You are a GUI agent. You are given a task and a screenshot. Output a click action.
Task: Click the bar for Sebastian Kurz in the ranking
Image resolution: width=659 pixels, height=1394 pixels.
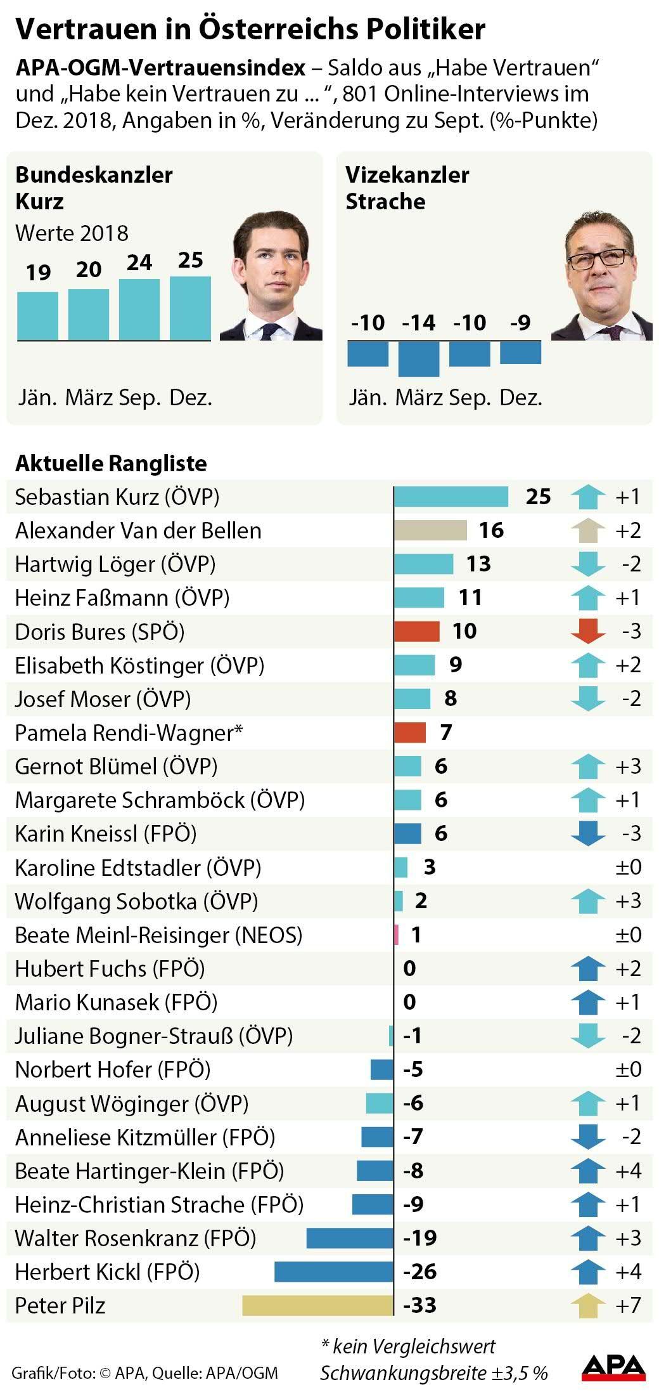(451, 497)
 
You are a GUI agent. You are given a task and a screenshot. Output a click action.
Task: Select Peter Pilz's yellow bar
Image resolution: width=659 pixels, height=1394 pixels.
(317, 1305)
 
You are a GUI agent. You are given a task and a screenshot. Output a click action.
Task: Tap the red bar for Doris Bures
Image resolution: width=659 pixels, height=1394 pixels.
(416, 632)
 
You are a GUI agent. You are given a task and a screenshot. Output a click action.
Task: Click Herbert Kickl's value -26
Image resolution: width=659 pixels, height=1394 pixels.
(420, 1272)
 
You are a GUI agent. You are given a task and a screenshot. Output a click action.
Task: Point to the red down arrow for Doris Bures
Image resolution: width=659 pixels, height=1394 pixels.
(587, 632)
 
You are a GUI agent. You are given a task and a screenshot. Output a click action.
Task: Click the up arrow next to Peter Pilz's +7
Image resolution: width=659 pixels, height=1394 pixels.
(587, 1305)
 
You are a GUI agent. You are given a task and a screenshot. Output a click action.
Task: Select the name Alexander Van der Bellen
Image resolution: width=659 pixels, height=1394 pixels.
(138, 530)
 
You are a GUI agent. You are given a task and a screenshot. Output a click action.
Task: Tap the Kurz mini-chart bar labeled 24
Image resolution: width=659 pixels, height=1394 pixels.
(139, 309)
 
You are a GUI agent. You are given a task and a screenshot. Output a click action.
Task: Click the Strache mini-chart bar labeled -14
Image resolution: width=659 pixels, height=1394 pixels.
(418, 359)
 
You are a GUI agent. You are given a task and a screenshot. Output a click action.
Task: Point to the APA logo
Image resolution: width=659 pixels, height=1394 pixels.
(613, 1367)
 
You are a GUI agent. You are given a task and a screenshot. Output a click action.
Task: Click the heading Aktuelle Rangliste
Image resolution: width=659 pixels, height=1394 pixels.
(111, 464)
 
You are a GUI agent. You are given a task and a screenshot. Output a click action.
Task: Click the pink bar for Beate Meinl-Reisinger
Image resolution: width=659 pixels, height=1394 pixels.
(397, 935)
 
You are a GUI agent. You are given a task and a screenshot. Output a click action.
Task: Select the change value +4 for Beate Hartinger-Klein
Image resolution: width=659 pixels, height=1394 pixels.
(628, 1171)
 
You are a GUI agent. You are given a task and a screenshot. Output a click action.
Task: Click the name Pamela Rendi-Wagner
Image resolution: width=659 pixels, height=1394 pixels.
(129, 733)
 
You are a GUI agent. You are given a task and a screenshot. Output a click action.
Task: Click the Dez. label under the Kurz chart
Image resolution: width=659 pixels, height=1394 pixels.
(191, 398)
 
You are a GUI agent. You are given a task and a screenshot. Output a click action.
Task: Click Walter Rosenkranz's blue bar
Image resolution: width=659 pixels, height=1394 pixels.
(350, 1238)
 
